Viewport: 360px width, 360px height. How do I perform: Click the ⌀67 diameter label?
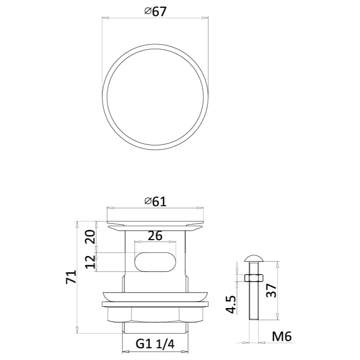click(155, 12)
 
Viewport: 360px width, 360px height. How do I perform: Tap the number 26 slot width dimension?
click(155, 236)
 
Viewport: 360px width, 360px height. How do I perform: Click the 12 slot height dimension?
click(90, 262)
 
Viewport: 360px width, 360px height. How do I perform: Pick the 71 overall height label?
click(71, 277)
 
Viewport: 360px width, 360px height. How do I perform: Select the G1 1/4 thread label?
click(155, 344)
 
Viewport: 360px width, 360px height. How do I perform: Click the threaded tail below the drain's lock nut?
click(155, 328)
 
